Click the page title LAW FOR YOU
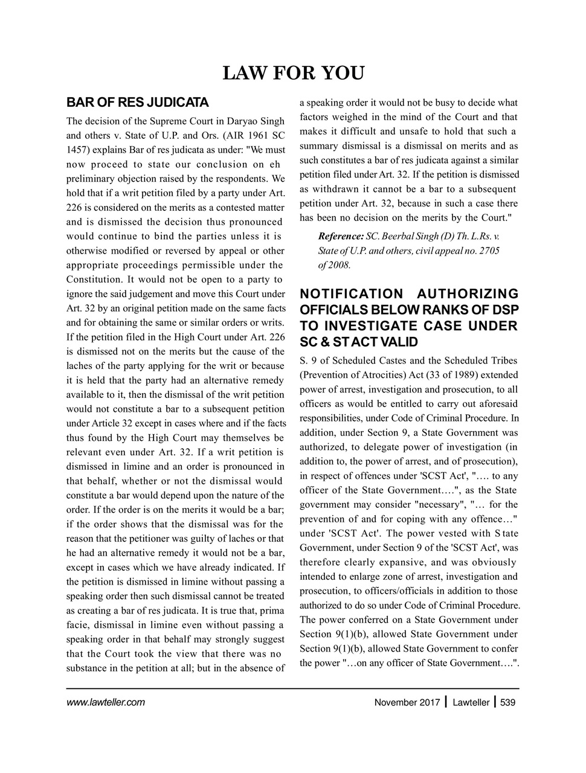293,74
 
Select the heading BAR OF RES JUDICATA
137,101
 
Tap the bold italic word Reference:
341,236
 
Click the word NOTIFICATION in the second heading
352,294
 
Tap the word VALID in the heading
394,342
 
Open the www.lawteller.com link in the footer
105,702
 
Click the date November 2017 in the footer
407,702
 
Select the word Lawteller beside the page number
471,702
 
